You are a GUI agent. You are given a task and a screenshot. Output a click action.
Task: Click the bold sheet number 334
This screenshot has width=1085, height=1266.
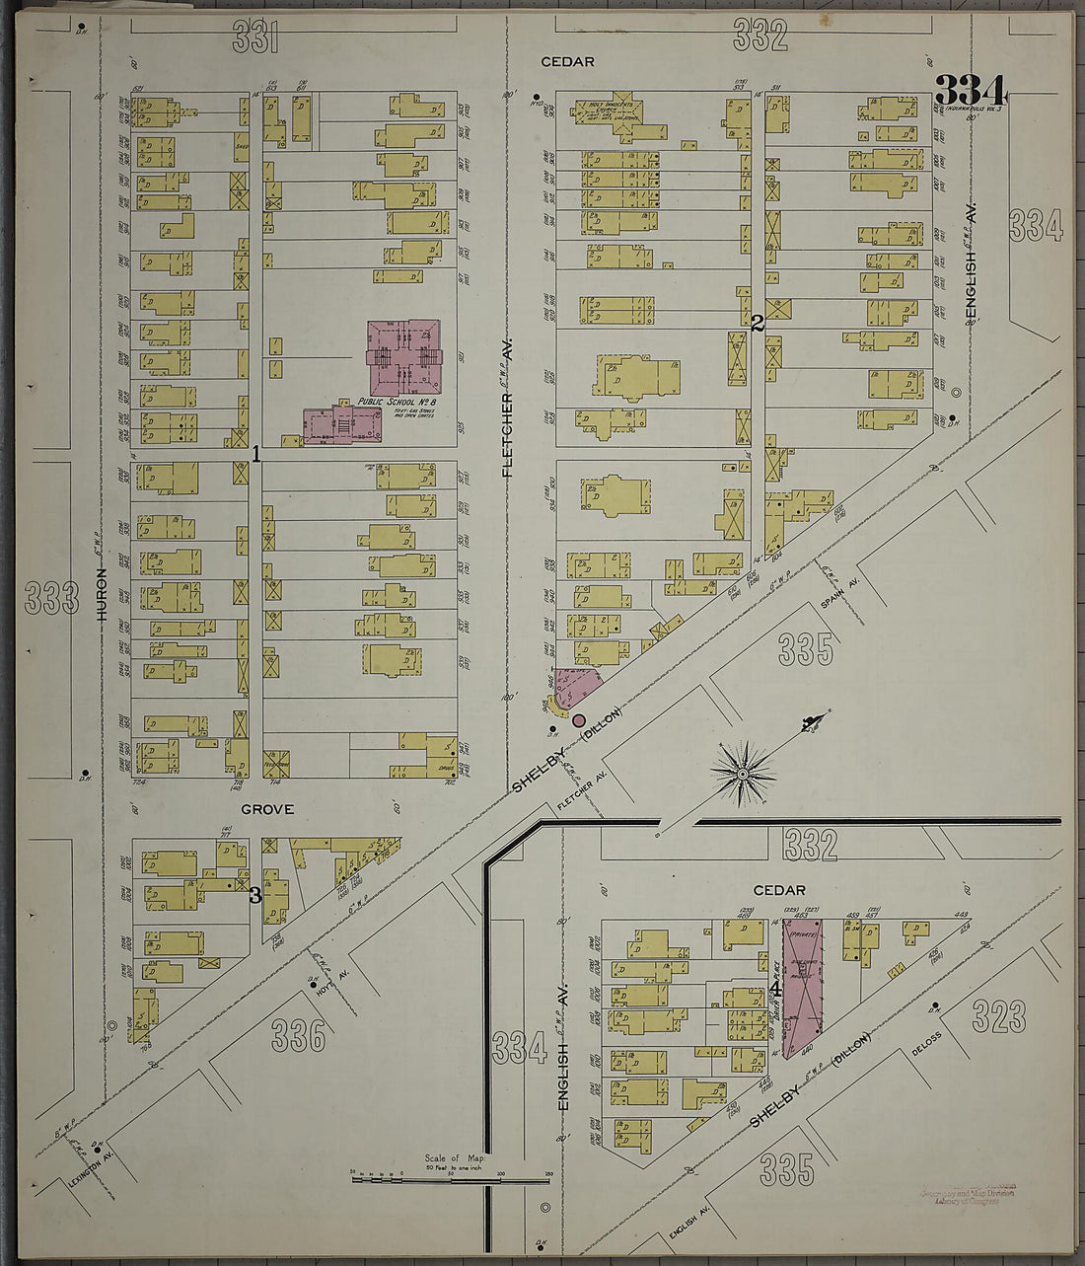pos(971,90)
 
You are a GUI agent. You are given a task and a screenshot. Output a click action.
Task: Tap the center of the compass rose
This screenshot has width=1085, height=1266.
pos(743,773)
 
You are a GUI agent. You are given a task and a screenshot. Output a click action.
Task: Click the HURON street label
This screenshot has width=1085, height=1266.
pos(101,593)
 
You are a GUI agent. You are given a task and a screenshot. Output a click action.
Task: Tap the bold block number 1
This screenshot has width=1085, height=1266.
pos(255,455)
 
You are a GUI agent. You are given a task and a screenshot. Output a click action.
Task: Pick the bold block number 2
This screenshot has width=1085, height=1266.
pos(758,323)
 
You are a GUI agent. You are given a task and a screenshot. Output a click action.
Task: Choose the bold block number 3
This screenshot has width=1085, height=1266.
pos(254,896)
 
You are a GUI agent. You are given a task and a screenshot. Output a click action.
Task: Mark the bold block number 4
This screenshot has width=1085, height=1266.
pos(776,988)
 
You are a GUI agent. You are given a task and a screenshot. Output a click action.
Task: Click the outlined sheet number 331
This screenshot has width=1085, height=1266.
pos(255,37)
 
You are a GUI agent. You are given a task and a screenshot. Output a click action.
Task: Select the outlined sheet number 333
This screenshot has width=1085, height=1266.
pos(51,597)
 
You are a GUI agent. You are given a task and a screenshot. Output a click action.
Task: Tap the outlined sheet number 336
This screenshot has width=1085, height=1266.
pos(299,1035)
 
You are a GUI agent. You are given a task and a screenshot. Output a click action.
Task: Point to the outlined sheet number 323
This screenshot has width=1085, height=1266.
pos(998,1015)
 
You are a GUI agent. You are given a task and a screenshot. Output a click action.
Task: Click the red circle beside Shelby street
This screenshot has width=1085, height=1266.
pos(579,720)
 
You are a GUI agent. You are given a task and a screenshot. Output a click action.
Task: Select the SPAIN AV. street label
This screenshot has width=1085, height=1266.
pos(840,591)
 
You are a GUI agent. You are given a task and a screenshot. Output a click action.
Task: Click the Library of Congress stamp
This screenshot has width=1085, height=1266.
pos(968,1195)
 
